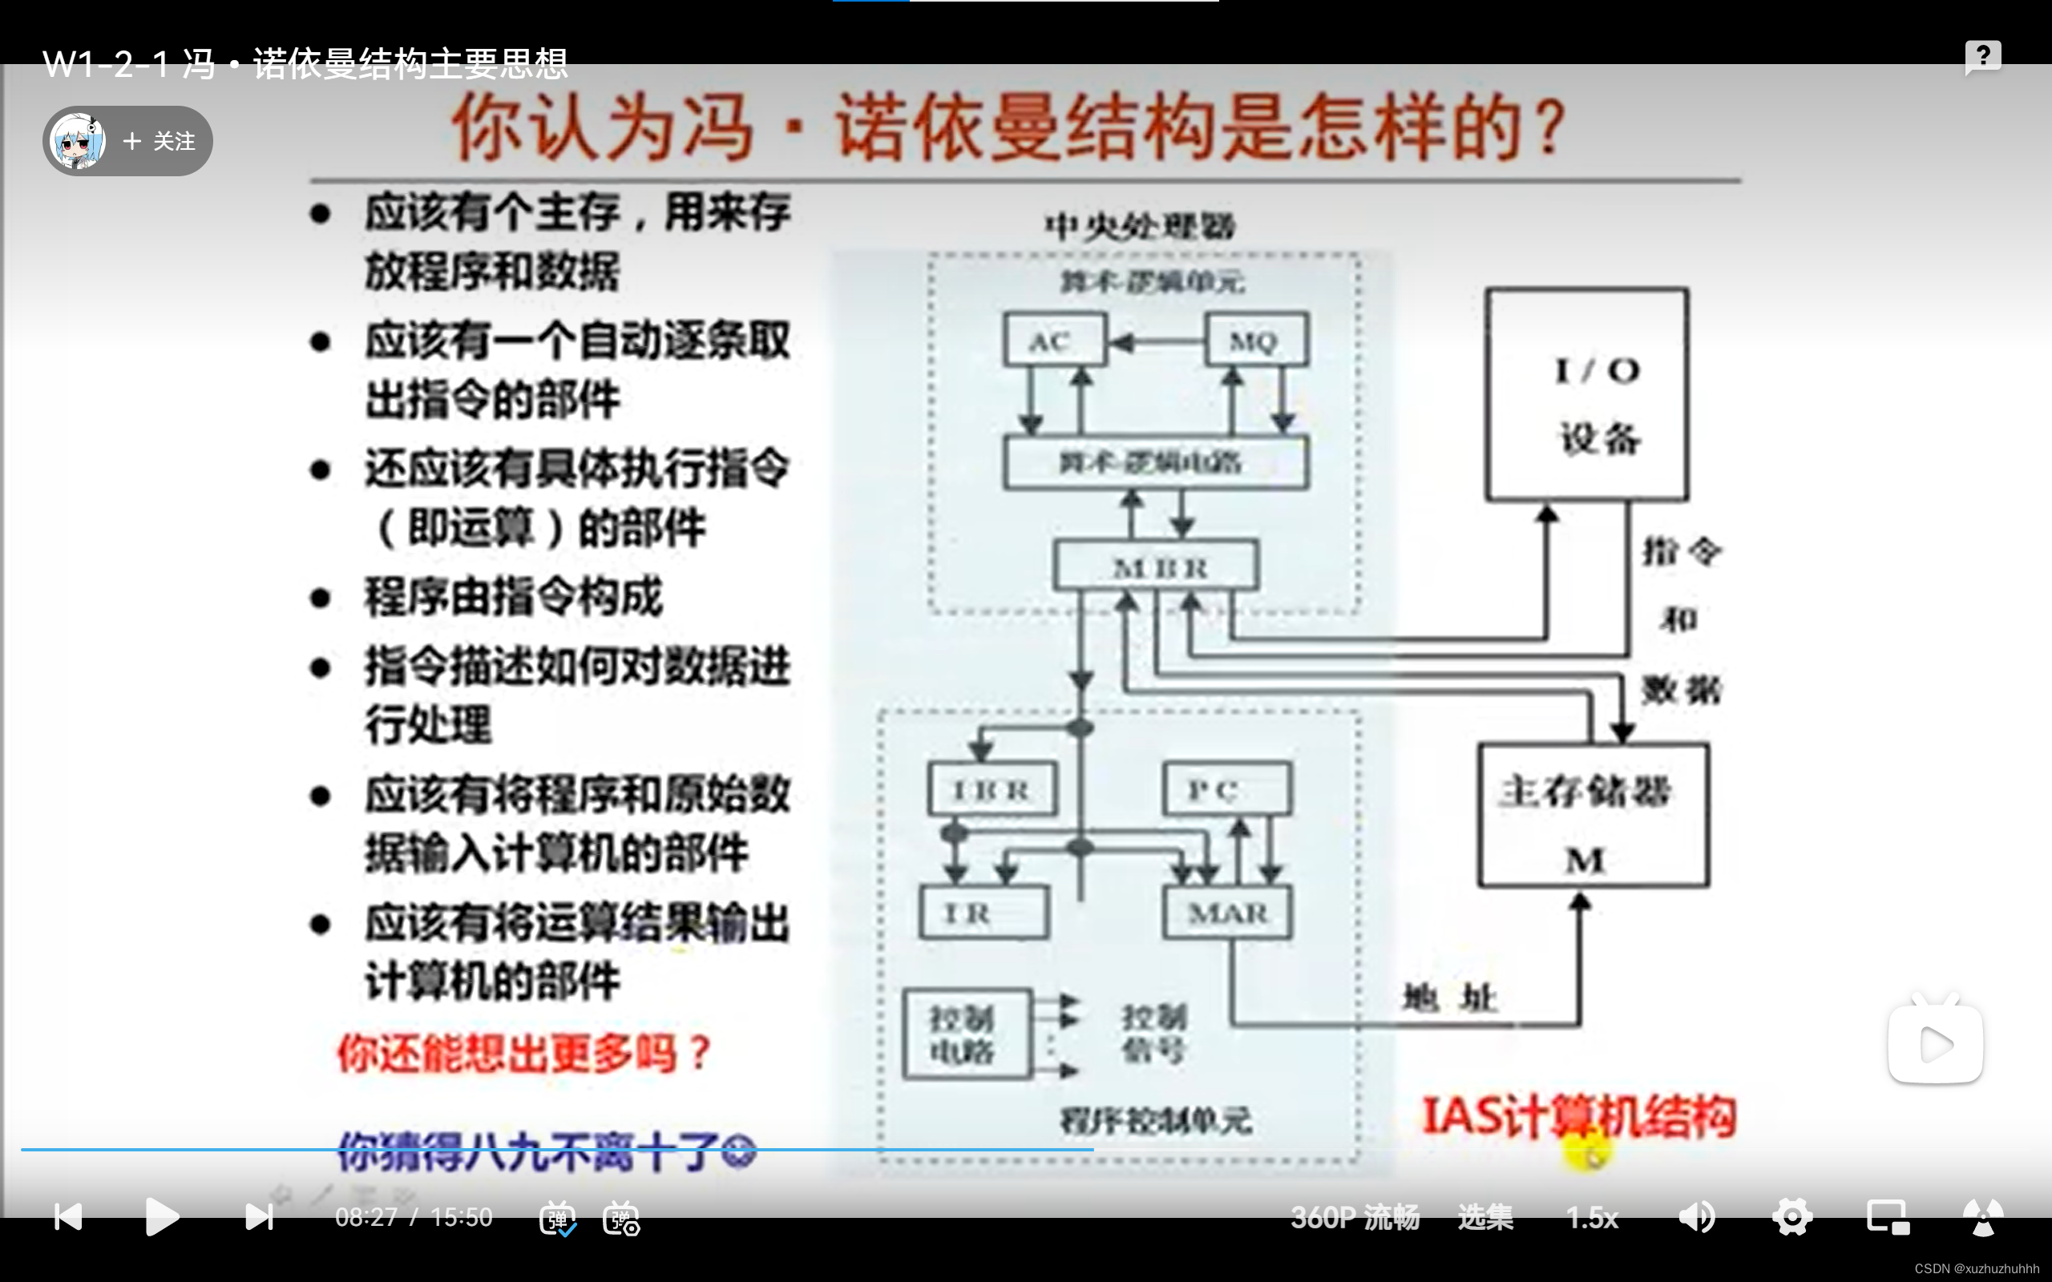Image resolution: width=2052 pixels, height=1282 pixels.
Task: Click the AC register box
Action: point(1055,341)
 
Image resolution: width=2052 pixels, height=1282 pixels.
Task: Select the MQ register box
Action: point(1256,341)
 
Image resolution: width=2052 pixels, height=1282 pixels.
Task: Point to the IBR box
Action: point(992,789)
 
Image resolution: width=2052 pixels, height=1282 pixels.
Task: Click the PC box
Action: point(1227,789)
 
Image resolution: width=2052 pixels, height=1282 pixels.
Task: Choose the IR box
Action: point(984,913)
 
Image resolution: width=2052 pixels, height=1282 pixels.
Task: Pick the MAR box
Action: point(1227,913)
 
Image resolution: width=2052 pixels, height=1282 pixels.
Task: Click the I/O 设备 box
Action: point(1586,395)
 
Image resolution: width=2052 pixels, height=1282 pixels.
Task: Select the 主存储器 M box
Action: point(1594,816)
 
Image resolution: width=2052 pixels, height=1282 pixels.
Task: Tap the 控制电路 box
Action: point(967,1034)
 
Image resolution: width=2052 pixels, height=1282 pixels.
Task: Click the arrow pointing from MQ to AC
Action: point(1157,341)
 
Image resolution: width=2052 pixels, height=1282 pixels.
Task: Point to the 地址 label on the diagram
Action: point(1449,999)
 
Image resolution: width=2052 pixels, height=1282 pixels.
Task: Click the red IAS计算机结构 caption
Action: point(1579,1117)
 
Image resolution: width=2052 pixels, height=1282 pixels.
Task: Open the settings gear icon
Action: point(1791,1218)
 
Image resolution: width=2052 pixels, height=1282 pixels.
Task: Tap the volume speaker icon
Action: point(1697,1218)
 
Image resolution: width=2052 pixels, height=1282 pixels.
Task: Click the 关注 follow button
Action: point(159,142)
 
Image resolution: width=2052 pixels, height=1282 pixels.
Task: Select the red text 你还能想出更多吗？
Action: point(524,1054)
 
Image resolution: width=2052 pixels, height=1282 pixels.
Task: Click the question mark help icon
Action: point(1982,56)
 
